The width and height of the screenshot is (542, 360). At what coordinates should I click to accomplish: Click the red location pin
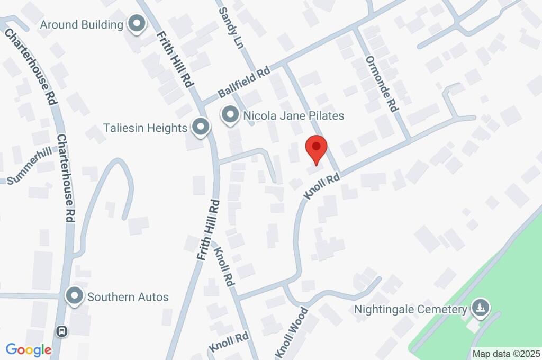pyautogui.click(x=317, y=148)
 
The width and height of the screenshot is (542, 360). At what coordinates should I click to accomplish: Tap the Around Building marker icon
pyautogui.click(x=137, y=24)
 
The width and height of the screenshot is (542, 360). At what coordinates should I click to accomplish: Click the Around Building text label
pyautogui.click(x=81, y=24)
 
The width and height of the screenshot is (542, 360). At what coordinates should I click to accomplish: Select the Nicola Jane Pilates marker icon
pyautogui.click(x=230, y=115)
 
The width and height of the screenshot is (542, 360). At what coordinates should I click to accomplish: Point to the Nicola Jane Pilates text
pyautogui.click(x=294, y=115)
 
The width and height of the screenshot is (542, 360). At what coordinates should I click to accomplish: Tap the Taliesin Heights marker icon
pyautogui.click(x=201, y=127)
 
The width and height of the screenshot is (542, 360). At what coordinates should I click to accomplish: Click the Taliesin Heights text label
pyautogui.click(x=146, y=128)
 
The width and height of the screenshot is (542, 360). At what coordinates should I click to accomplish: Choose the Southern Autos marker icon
pyautogui.click(x=75, y=296)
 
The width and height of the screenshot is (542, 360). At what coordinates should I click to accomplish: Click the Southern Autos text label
pyautogui.click(x=128, y=296)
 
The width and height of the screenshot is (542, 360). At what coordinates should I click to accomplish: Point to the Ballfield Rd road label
pyautogui.click(x=244, y=84)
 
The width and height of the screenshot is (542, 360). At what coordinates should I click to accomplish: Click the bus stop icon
pyautogui.click(x=62, y=331)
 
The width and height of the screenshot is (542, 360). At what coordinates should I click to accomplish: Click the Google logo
pyautogui.click(x=29, y=349)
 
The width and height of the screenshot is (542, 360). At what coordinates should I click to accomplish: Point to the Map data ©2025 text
pyautogui.click(x=506, y=354)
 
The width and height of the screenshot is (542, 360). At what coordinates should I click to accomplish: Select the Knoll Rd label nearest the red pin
pyautogui.click(x=321, y=187)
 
